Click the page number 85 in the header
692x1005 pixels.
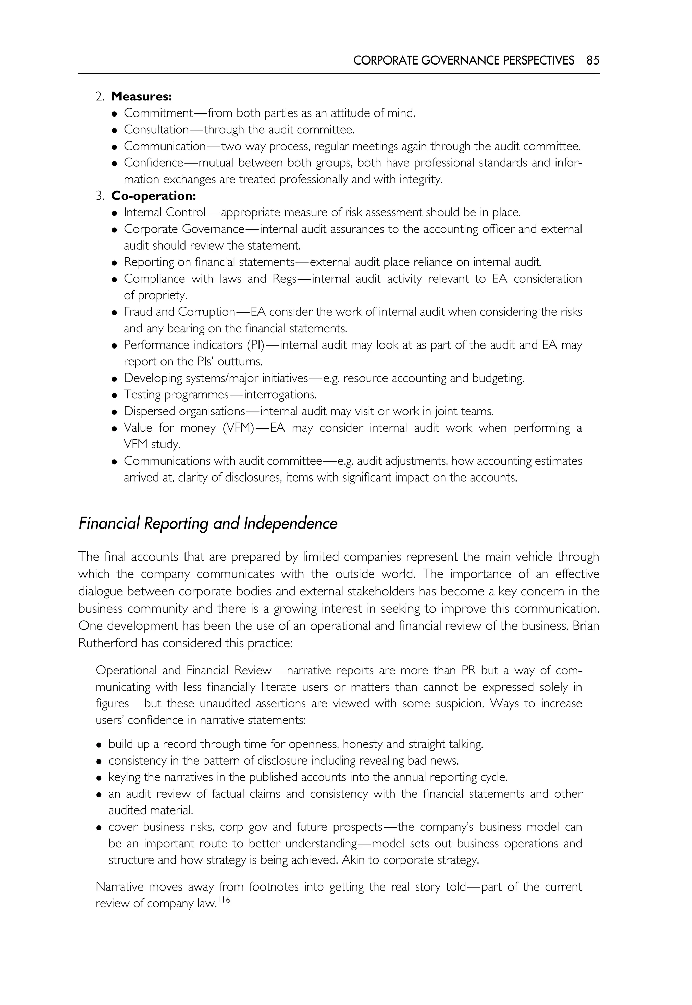(593, 60)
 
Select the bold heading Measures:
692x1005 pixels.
(141, 96)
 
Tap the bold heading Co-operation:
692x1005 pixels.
(153, 196)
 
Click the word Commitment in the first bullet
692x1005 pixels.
(158, 113)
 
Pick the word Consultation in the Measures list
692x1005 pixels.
(156, 130)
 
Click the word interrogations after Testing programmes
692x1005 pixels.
(280, 395)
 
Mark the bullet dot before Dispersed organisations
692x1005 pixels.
(115, 412)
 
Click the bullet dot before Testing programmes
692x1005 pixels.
(115, 395)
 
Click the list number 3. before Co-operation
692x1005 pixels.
(100, 196)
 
